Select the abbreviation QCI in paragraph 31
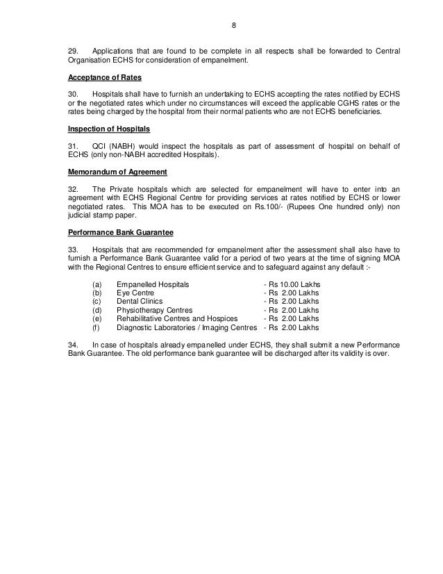(100, 145)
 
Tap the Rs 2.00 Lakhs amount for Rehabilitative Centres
(294, 319)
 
